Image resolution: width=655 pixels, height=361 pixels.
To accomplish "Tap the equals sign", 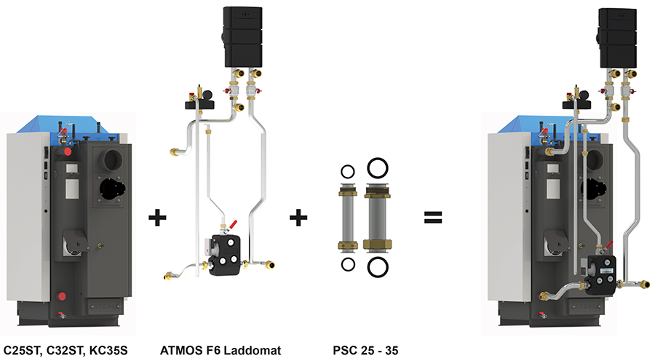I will pos(434,217).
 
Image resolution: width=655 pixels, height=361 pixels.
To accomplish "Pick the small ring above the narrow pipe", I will pos(347,172).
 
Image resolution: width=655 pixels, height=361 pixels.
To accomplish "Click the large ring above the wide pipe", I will pos(377,168).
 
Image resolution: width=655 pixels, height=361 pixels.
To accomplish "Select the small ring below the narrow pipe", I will pos(347,263).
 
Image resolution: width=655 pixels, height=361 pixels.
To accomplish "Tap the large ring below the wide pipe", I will pos(377,266).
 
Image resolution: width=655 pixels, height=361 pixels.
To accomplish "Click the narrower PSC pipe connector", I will pos(347,217).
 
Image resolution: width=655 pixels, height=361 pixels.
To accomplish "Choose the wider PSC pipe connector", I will pos(377,217).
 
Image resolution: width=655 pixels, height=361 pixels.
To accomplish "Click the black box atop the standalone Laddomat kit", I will pos(243,33).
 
